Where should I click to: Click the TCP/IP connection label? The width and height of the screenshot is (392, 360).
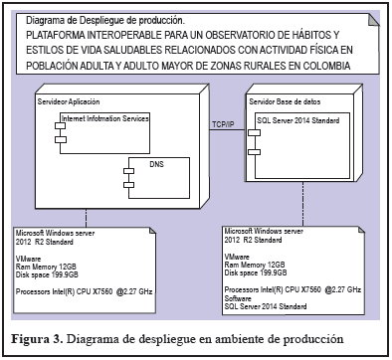pos(223,124)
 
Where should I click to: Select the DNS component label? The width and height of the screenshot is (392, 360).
pos(156,164)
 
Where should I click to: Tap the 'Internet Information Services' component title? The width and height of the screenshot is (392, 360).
pos(105,118)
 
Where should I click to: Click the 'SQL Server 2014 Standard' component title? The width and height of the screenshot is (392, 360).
pos(298,120)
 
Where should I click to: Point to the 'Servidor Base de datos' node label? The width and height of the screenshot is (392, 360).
pos(285,101)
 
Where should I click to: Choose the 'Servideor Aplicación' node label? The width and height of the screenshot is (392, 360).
pos(69,101)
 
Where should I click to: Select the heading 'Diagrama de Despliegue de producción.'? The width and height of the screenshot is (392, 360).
pos(105,21)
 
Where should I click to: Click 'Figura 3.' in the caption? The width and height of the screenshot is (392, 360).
pos(37,339)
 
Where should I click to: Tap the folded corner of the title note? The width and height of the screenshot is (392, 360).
pos(374,20)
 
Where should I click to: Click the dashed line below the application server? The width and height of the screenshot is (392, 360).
pos(87,218)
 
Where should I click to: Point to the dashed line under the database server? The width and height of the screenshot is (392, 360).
pos(302,204)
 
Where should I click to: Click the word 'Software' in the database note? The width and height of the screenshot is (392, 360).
pos(238,298)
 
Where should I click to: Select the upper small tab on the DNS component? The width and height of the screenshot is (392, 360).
pos(128,171)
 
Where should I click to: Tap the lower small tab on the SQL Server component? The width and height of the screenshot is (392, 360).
pos(255,152)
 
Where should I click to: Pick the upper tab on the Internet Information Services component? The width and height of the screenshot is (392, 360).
pos(61,126)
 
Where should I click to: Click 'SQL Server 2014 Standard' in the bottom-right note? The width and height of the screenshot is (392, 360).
pos(266,306)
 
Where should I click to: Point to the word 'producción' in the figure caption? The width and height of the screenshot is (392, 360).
pos(313,340)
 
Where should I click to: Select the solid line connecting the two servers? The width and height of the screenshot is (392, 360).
pos(227,129)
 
